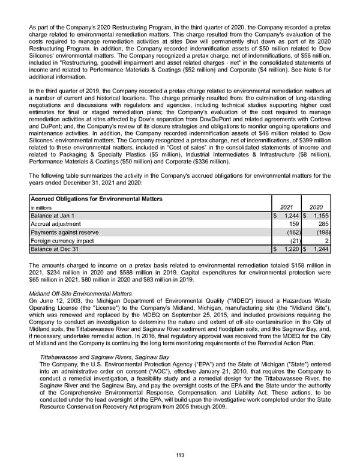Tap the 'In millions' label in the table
[43, 208]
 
